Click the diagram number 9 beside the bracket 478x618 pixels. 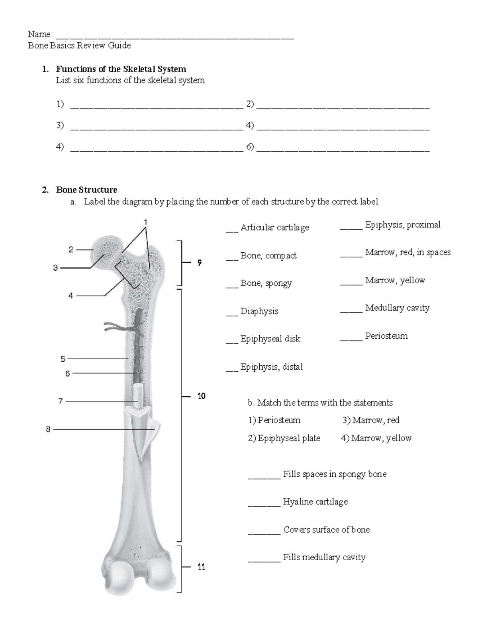tap(199, 263)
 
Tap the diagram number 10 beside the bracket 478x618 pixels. tap(201, 396)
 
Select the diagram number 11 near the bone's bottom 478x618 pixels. tap(201, 567)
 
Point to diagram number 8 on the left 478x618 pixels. tap(48, 429)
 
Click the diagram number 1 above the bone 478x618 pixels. tap(146, 221)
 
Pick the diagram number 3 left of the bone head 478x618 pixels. tap(55, 268)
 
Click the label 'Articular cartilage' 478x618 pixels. tap(274, 228)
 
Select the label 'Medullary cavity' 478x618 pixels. tap(397, 308)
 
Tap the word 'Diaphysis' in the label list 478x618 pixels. tap(259, 311)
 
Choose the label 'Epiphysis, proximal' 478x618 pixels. tap(403, 225)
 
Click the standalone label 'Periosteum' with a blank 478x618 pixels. tap(386, 336)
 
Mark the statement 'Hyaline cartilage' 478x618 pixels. tap(315, 502)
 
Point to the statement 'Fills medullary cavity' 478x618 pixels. tap(324, 558)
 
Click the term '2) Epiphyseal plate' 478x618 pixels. tap(284, 438)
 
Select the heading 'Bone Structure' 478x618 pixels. tap(86, 190)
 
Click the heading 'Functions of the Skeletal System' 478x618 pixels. tap(121, 69)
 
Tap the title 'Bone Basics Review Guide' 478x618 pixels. tap(79, 45)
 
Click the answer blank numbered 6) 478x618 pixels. tap(343, 150)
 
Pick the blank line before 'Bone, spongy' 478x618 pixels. tap(232, 286)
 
